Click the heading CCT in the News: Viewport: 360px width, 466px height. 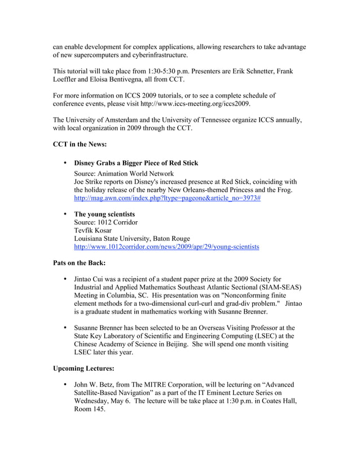[80, 144]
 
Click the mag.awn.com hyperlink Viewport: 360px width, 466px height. [167, 199]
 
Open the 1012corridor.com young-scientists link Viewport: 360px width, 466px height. [166, 247]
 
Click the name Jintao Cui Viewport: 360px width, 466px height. [90, 279]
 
